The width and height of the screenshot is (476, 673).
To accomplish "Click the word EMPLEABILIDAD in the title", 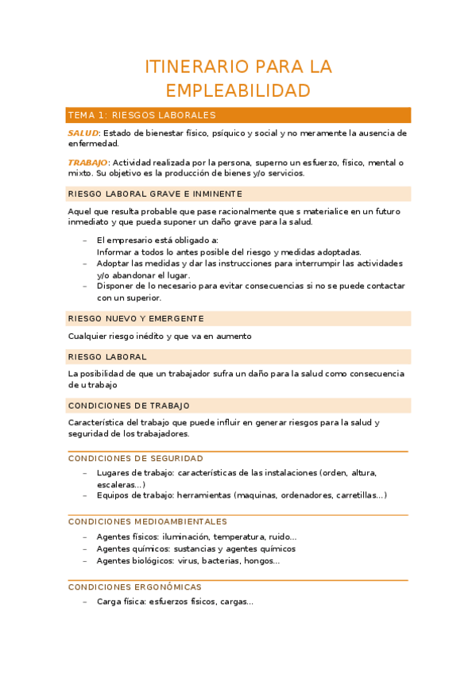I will click(x=238, y=90).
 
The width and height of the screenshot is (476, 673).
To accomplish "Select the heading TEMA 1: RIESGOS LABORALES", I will click(x=142, y=115).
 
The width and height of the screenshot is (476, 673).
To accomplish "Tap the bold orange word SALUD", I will click(x=83, y=133).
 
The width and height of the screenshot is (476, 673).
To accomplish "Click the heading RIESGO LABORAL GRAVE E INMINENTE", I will click(x=156, y=194).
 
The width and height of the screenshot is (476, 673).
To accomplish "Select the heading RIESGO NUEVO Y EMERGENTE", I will click(x=136, y=318).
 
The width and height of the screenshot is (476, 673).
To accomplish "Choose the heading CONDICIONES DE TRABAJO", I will click(x=129, y=406).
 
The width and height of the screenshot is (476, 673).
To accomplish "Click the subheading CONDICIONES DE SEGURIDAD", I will click(x=136, y=458).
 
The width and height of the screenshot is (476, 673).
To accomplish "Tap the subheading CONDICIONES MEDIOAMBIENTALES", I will click(x=148, y=521).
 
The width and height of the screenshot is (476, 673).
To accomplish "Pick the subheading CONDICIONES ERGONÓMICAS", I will click(x=134, y=587).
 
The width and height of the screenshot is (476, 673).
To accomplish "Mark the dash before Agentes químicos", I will click(x=85, y=548).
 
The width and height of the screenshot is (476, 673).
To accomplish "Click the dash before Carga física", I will click(x=85, y=602).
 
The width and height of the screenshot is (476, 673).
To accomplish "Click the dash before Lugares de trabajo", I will click(x=85, y=472).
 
